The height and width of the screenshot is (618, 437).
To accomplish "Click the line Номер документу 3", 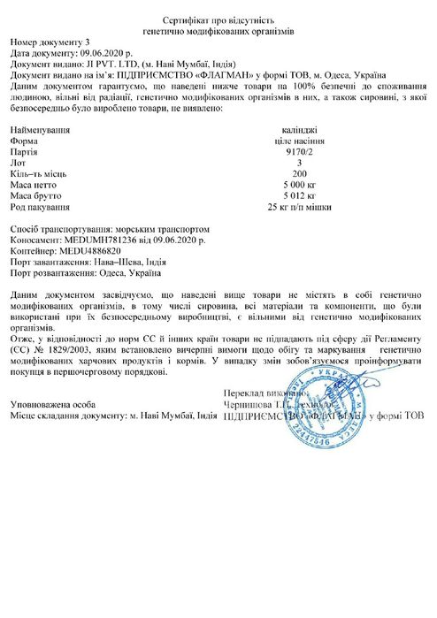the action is click(50, 42).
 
